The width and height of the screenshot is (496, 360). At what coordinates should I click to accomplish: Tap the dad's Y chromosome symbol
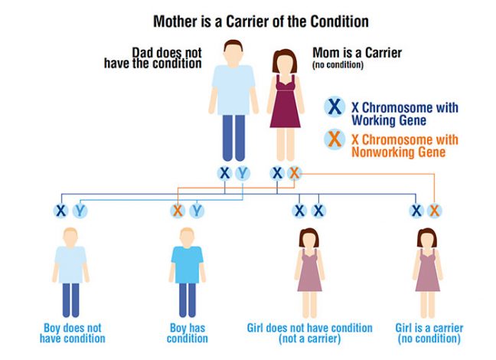(x=243, y=174)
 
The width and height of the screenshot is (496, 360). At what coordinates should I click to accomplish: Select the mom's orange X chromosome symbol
(x=294, y=174)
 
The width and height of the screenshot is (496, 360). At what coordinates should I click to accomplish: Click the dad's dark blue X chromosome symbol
(x=224, y=174)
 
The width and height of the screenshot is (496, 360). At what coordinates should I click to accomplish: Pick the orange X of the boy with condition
(x=178, y=211)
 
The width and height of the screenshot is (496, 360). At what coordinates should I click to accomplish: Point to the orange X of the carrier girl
(x=435, y=211)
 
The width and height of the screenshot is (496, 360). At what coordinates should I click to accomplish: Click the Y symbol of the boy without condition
(x=80, y=211)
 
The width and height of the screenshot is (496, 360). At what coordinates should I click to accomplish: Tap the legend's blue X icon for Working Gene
(x=334, y=106)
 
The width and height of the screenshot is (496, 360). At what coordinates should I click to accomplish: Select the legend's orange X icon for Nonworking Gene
(x=334, y=139)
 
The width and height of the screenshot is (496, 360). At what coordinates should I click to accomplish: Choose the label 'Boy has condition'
(x=188, y=333)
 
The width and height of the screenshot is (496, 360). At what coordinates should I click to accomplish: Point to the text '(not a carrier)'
(x=310, y=339)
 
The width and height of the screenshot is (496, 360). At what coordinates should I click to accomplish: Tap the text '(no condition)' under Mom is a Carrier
(x=338, y=65)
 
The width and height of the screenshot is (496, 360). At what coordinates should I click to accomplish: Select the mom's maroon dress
(x=285, y=101)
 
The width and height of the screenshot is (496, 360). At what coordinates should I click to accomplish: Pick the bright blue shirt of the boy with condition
(x=188, y=264)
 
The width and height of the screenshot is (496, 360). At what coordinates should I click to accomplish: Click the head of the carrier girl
(x=427, y=239)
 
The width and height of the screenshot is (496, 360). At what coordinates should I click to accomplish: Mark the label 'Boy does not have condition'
(x=73, y=333)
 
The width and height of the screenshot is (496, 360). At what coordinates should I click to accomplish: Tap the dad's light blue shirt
(x=233, y=90)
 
